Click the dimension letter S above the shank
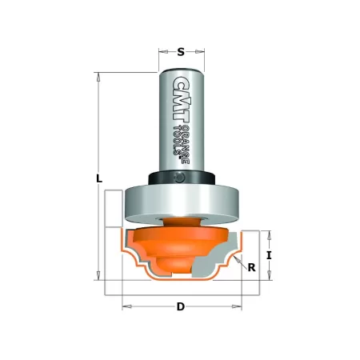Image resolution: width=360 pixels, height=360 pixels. click(181, 53)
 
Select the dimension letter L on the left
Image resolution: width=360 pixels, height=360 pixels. click(98, 180)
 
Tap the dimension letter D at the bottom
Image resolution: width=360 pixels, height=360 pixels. click(181, 307)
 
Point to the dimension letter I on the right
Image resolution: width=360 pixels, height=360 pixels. click(270, 256)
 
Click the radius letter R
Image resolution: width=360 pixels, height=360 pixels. click(251, 268)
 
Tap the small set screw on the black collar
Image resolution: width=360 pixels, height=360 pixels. click(182, 177)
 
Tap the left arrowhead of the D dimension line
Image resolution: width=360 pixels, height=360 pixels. click(124, 307)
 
